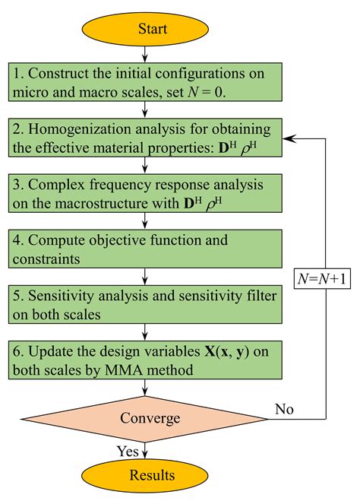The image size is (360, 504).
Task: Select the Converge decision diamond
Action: tap(150, 418)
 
